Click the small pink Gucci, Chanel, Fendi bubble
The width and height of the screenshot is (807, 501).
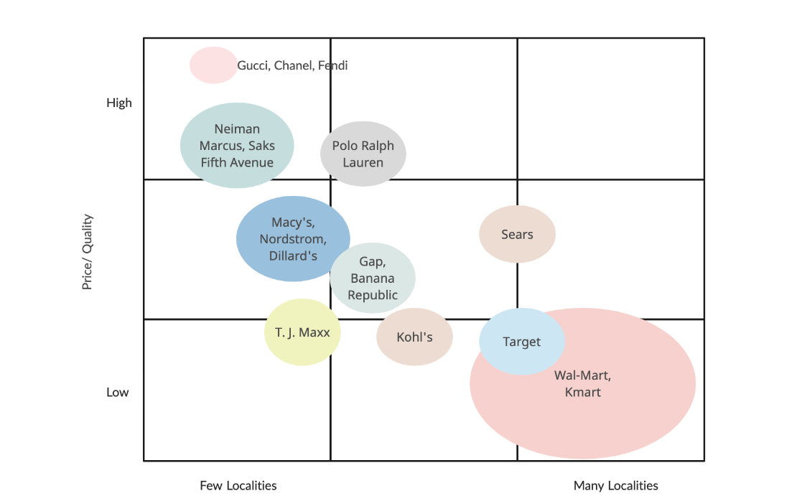pos(213,65)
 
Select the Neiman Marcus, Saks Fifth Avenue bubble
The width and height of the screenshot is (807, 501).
pos(237,146)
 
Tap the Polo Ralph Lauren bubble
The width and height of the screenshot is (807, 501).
pos(363,154)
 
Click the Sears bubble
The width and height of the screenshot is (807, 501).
pos(517,235)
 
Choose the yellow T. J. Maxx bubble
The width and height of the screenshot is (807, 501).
pos(302,332)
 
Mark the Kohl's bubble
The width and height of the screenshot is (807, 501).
pos(414,337)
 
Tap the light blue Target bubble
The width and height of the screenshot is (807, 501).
pos(521,342)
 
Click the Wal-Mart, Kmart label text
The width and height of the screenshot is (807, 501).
pos(583,383)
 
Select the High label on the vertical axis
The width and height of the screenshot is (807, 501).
pos(119,103)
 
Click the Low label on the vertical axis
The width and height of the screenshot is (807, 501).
pos(118,392)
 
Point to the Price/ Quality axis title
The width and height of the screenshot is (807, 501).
pos(88,251)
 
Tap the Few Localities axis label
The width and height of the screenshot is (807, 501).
pos(238,485)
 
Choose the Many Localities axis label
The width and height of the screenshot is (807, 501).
pos(616,485)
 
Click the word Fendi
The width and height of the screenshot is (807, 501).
pos(333,65)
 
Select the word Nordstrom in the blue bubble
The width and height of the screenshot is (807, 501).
pos(293,239)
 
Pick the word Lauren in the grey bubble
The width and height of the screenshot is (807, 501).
pos(363,162)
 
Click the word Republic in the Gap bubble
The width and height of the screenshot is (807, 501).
pos(373,295)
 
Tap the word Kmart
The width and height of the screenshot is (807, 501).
pos(583,392)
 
